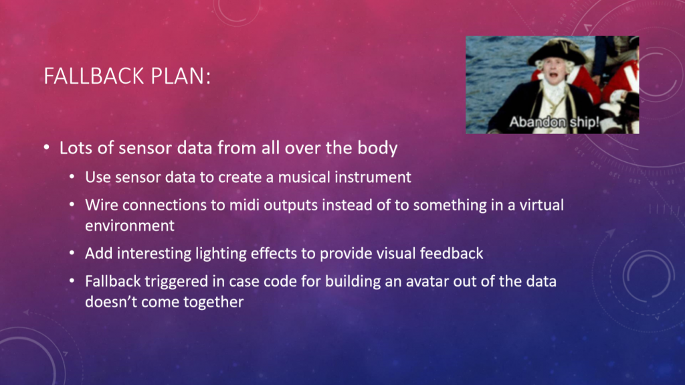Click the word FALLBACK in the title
[94, 76]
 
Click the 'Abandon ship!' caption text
[554, 122]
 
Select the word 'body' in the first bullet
[377, 148]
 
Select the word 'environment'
[130, 226]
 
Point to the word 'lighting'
[221, 253]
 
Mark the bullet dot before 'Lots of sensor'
[47, 147]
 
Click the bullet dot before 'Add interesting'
[72, 253]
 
